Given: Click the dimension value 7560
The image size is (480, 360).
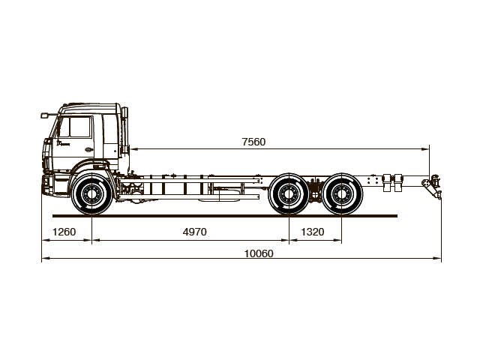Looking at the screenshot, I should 254,141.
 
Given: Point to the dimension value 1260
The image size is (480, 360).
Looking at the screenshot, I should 64,232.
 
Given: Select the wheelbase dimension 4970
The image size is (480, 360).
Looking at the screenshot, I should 194,232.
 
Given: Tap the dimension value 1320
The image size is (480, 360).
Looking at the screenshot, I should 313,232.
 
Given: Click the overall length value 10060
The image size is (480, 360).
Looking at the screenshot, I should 259,253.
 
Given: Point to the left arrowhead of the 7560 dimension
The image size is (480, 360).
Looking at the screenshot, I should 132,148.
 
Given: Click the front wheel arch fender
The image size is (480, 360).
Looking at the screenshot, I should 91,174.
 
